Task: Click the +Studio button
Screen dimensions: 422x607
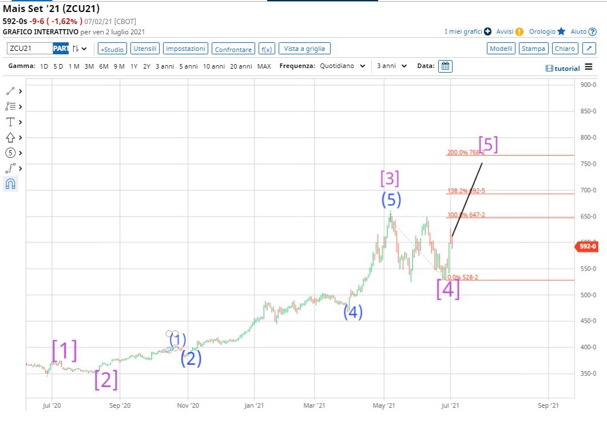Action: pos(112,49)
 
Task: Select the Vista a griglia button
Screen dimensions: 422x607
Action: pos(304,49)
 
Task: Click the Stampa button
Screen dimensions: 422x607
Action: pos(533,49)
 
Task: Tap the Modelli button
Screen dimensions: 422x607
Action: pos(501,49)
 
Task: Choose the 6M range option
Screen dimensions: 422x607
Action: pos(104,66)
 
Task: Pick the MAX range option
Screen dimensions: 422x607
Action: pos(264,66)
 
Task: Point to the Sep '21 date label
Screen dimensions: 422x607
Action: pos(548,405)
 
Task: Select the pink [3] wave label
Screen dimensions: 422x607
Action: pos(390,179)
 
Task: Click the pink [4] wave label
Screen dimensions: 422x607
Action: pos(448,289)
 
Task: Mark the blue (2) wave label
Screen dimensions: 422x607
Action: pos(191,359)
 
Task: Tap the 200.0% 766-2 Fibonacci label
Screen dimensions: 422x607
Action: pos(466,153)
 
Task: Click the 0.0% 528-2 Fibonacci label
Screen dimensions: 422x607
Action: pos(462,277)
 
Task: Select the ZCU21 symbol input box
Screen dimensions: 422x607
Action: pos(30,49)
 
